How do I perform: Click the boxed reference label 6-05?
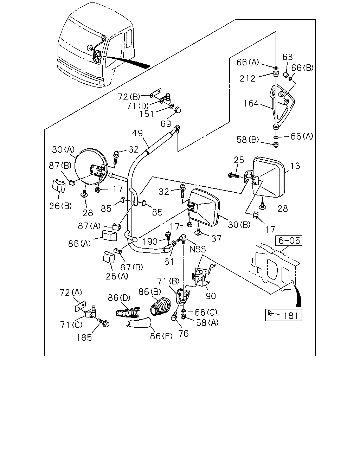click(289, 240)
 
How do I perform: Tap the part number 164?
click(251, 103)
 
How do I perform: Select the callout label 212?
click(247, 78)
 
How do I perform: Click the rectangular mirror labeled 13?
click(269, 177)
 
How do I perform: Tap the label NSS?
click(198, 249)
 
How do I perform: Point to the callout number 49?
click(137, 133)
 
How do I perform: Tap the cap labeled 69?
click(178, 110)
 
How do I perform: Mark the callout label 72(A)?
click(71, 292)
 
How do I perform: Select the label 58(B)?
click(247, 140)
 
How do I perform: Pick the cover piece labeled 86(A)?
click(109, 236)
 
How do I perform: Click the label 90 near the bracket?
click(211, 296)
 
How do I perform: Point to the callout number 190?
click(149, 242)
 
